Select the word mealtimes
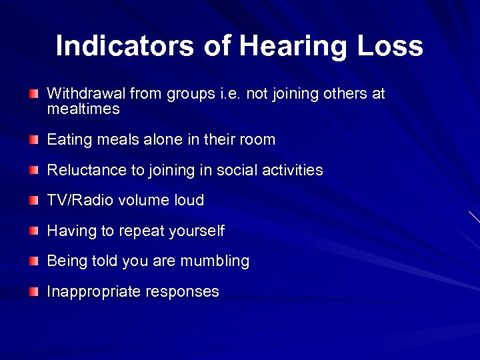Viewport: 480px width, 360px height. [x=83, y=109]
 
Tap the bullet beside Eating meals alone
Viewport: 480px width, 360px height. [x=34, y=139]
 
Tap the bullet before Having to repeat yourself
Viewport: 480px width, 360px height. [x=34, y=231]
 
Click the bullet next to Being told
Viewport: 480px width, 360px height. [x=34, y=261]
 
